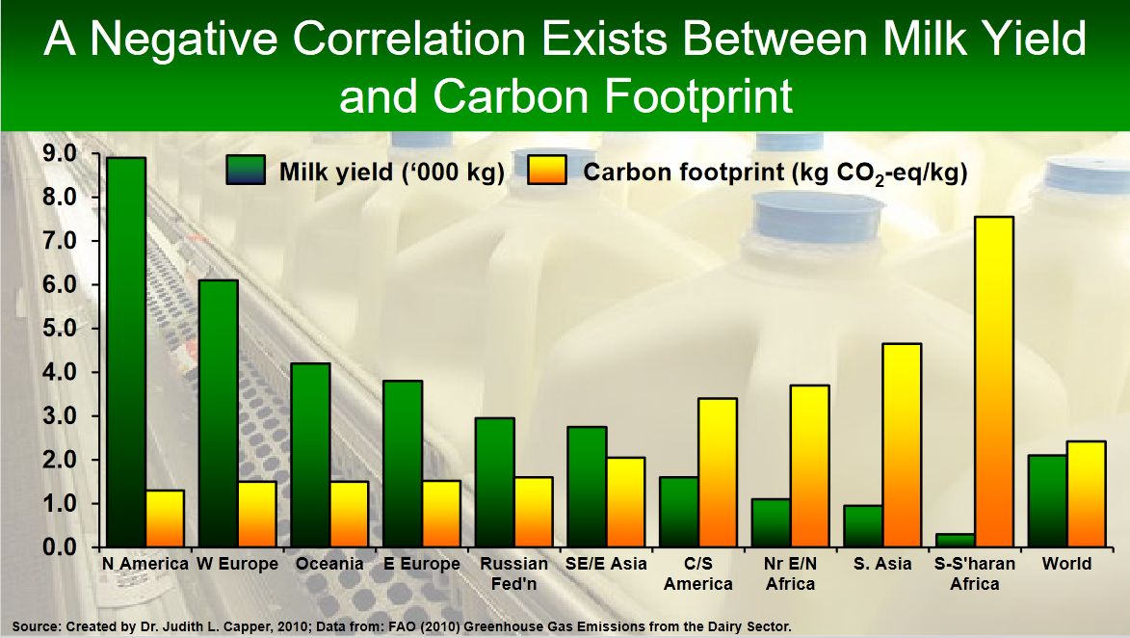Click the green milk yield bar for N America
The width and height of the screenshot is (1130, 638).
pyautogui.click(x=126, y=352)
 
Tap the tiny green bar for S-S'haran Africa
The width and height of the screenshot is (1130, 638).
pyautogui.click(x=955, y=540)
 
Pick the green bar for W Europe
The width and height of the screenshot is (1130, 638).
pyautogui.click(x=219, y=413)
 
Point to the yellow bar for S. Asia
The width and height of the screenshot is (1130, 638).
pyautogui.click(x=902, y=445)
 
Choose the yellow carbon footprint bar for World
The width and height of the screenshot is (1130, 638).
pyautogui.click(x=1086, y=493)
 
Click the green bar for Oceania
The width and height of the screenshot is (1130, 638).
pyautogui.click(x=310, y=455)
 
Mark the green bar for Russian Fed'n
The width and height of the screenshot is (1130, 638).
pyautogui.click(x=495, y=482)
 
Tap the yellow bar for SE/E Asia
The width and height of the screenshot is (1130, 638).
pyautogui.click(x=625, y=502)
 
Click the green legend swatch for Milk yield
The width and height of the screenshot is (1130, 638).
pyautogui.click(x=245, y=171)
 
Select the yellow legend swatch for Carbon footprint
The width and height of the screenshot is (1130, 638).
pyautogui.click(x=547, y=171)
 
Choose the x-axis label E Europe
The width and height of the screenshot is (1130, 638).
pyautogui.click(x=422, y=564)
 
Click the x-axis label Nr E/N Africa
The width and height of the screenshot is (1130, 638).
pyautogui.click(x=791, y=573)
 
